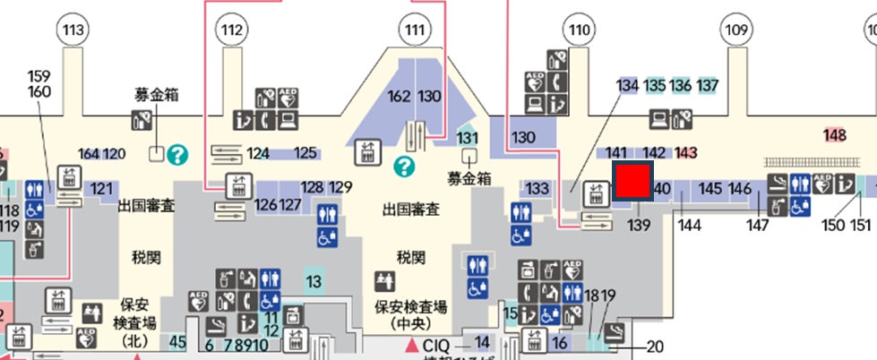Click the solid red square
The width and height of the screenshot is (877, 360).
pyautogui.click(x=632, y=181)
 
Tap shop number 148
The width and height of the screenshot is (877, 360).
pyautogui.click(x=835, y=135)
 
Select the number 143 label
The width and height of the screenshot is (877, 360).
pyautogui.click(x=687, y=152)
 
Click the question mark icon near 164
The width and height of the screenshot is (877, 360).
pyautogui.click(x=177, y=154)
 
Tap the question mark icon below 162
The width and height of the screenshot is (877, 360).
pyautogui.click(x=406, y=166)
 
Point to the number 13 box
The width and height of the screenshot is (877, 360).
pyautogui.click(x=314, y=282)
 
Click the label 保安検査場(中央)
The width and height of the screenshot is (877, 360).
pyautogui.click(x=411, y=313)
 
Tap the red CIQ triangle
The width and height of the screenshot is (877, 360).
pyautogui.click(x=412, y=345)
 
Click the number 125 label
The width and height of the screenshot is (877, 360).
pyautogui.click(x=306, y=153)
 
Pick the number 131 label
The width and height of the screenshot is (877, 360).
pyautogui.click(x=467, y=137)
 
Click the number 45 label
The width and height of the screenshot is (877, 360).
pyautogui.click(x=177, y=340)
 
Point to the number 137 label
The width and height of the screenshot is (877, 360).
pyautogui.click(x=709, y=86)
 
